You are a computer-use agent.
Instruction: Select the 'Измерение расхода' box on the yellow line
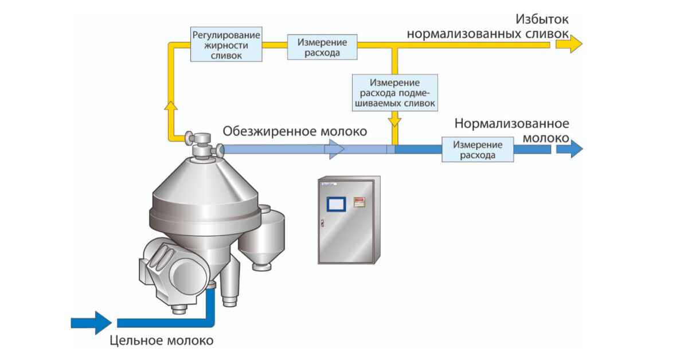[x=322, y=48]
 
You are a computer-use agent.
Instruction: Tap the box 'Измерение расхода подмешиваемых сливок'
[x=395, y=92]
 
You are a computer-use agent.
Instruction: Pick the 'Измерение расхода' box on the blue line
[x=478, y=150]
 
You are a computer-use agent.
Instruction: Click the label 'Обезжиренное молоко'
[x=295, y=131]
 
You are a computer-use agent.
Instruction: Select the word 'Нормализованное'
[x=511, y=123]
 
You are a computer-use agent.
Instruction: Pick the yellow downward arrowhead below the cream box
[x=395, y=120]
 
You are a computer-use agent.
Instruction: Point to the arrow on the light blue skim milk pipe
[x=335, y=149]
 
